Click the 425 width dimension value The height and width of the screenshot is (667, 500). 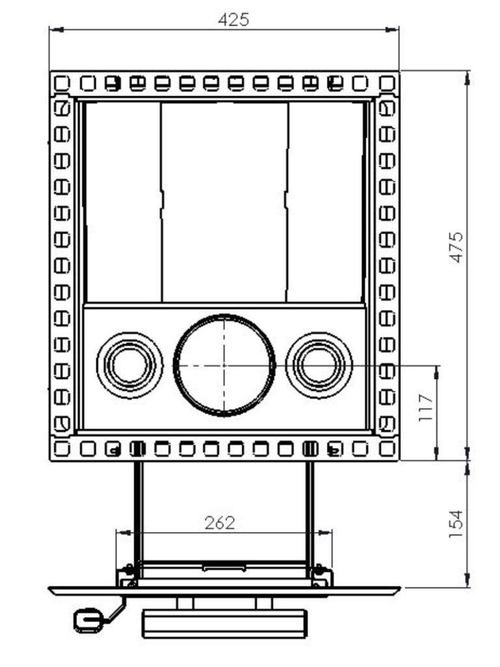coord(233,20)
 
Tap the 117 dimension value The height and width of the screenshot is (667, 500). coord(426,408)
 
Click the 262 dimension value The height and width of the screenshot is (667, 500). coord(219,523)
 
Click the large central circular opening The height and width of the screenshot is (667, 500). coord(225,365)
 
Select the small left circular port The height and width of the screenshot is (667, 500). coord(129,365)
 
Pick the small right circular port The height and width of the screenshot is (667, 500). coord(319,365)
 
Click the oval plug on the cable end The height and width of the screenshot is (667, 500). coord(87,621)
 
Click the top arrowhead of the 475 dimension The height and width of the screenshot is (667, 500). coord(467,75)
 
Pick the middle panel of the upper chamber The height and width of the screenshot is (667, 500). coord(225,202)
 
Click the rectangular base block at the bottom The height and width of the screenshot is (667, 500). coord(225,623)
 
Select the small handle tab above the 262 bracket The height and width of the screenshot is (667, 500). coord(225,568)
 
